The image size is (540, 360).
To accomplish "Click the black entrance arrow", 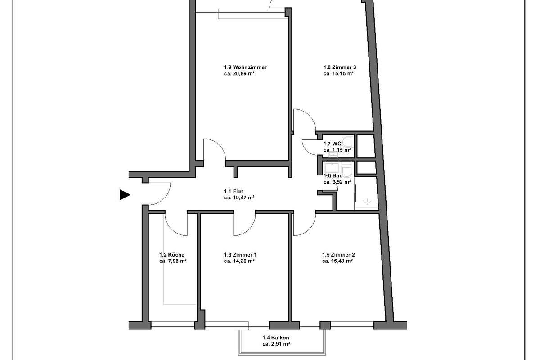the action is pos(124,195).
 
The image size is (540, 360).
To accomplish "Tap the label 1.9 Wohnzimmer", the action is pos(245,67).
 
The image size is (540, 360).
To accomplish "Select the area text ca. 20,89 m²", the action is pos(239,73).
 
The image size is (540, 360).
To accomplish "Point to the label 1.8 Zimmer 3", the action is pos(340,67).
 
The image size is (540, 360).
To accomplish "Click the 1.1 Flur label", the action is pos(234,191).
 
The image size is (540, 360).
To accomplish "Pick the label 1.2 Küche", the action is pos(171,255).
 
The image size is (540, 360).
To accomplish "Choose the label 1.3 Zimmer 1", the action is pos(240,255).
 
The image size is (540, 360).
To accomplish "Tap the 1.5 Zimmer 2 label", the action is pos(338,255).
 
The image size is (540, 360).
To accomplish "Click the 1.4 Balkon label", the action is pos(276,337).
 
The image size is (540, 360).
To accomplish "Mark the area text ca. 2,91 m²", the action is pos(276,344).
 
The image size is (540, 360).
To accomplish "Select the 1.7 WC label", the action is pos(332,144).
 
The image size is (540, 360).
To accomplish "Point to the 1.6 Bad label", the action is pos(333,176).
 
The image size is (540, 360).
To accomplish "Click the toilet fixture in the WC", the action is pos(348,142).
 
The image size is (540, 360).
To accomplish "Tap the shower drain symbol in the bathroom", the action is pos(367,202).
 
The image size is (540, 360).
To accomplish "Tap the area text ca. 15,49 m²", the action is pos(337,261).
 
